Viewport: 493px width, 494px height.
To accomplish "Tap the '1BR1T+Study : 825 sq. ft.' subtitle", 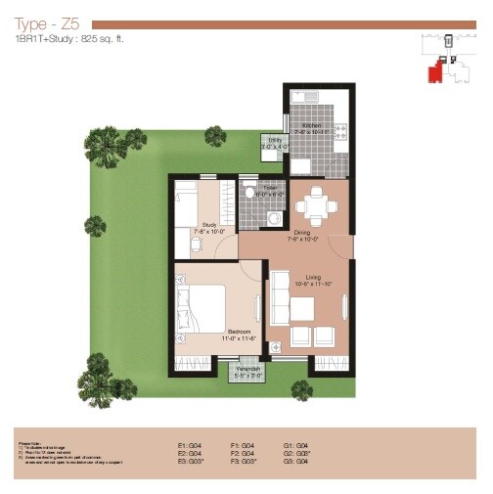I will coord(69,40).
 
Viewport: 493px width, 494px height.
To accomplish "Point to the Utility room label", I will coord(276,143).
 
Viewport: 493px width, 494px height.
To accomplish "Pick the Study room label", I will coord(209,226).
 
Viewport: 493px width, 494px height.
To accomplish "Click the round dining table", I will coord(312,204).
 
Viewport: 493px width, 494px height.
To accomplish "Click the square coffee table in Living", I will coord(302,309).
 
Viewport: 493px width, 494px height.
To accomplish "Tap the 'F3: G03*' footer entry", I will coord(244,462).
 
